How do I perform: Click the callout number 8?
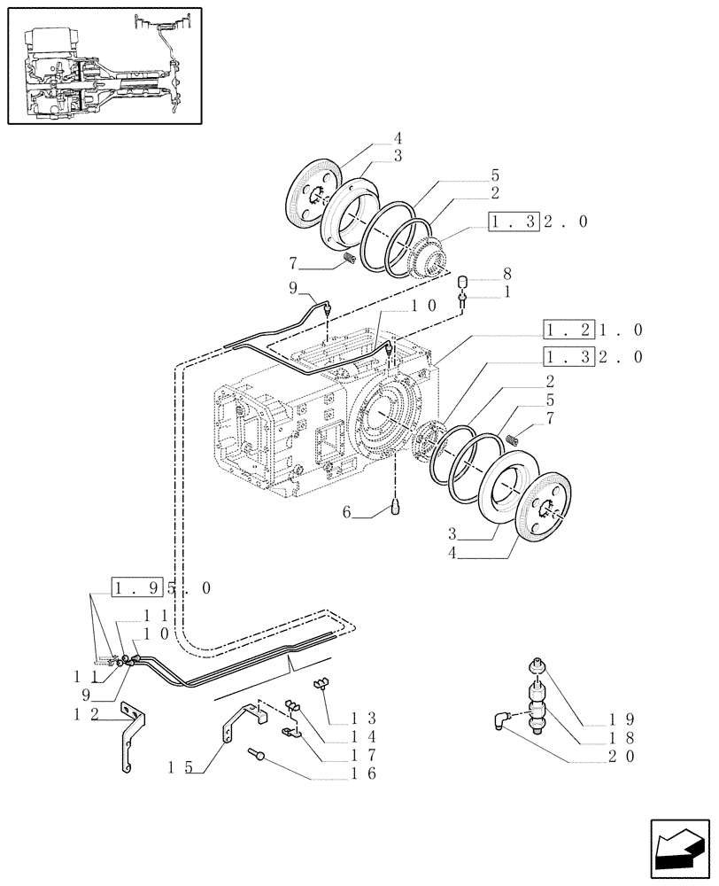tap(506, 275)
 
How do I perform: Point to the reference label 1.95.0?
tap(162, 587)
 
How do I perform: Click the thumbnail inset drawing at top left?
tap(104, 66)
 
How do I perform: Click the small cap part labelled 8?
tap(461, 283)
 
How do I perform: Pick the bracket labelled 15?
tap(234, 724)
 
